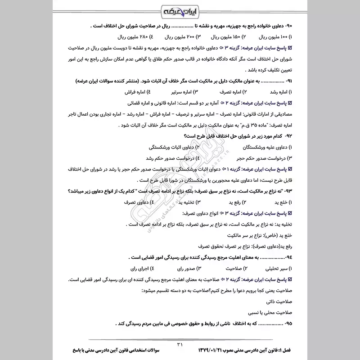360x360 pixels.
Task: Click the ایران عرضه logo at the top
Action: pos(180,10)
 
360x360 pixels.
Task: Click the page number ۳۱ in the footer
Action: pos(180,344)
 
